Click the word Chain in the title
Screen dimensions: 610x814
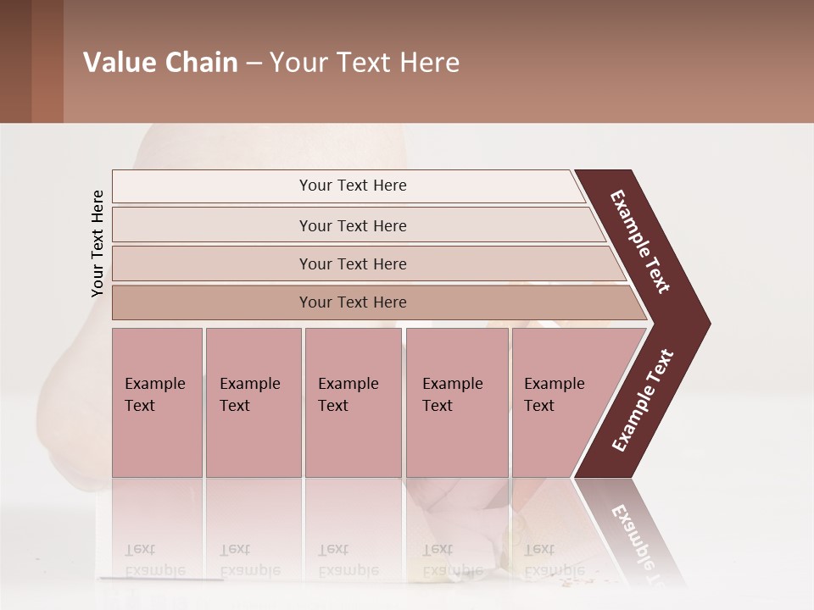click(202, 63)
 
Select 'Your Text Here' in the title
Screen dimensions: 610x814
click(365, 63)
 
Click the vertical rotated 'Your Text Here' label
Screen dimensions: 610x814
click(98, 243)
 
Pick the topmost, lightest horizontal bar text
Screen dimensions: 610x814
click(353, 186)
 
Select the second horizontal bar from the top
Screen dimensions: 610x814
click(353, 225)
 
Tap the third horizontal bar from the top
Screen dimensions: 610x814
click(353, 263)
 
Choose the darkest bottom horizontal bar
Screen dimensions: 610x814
click(353, 302)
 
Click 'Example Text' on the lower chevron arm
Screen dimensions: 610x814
click(643, 401)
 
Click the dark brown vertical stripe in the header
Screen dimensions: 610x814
click(15, 61)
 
